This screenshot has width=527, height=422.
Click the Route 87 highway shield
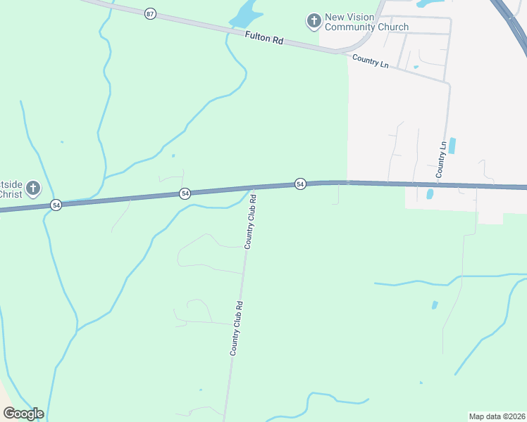[149, 13]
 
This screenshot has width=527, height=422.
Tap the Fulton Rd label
[264, 39]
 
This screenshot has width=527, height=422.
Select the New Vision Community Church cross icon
[313, 22]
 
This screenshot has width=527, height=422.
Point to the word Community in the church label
[349, 27]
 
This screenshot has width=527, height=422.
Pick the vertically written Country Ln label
[442, 159]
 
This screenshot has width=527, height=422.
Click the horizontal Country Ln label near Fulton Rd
[371, 62]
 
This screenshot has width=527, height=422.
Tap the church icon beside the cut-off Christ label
[32, 188]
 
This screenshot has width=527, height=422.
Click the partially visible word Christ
[10, 194]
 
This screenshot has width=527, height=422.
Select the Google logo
[23, 414]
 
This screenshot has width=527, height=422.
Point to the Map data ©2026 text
[497, 416]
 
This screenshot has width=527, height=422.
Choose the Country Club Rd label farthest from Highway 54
[236, 328]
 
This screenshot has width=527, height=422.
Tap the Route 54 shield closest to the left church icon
[56, 205]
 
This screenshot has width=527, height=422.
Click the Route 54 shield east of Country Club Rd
[300, 184]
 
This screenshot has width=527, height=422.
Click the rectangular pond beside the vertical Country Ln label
[452, 146]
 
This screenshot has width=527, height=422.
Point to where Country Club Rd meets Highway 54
[253, 187]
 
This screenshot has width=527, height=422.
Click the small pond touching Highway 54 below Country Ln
[429, 193]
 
